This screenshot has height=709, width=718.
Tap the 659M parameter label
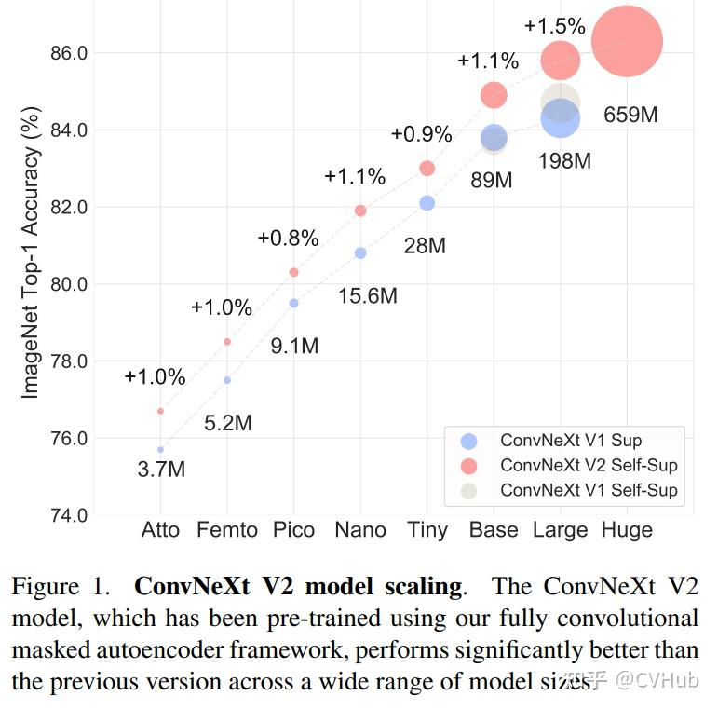point(630,116)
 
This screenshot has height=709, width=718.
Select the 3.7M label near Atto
point(161,470)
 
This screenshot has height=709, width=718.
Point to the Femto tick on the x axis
point(227,530)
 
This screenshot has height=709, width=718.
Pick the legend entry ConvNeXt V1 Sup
point(571,441)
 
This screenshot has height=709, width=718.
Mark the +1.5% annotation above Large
point(555,26)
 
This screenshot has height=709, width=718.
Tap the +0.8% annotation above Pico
point(288,238)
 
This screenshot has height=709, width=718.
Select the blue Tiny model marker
point(427,203)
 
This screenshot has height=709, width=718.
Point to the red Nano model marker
point(360,211)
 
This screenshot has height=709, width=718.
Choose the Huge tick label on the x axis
point(627,530)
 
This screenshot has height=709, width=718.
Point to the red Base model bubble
point(494,94)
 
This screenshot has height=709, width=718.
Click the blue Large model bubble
point(561,118)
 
